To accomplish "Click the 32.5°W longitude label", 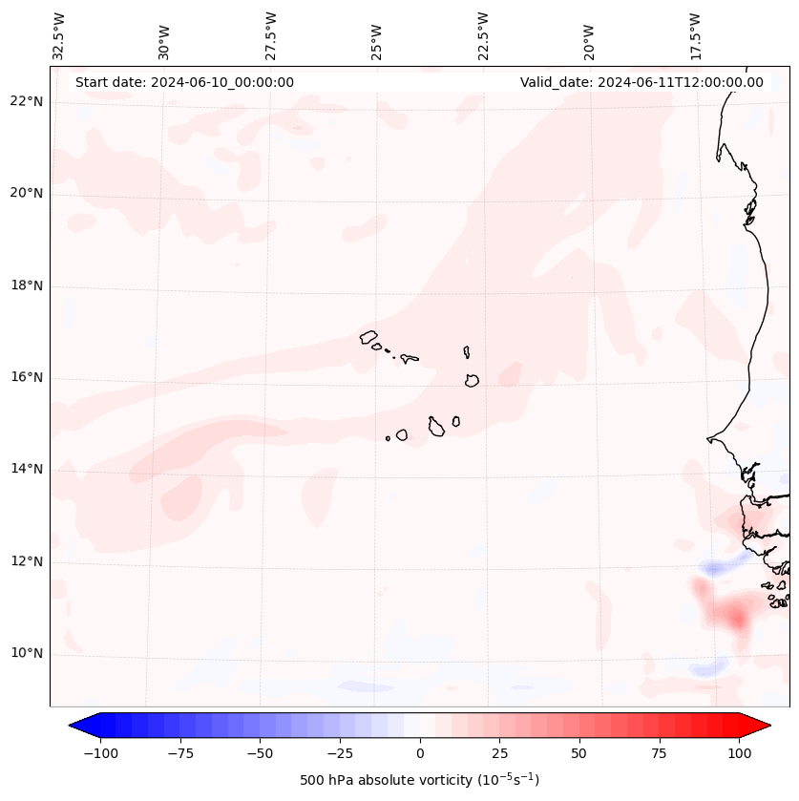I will (x=59, y=36).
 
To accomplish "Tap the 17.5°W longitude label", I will (x=696, y=36).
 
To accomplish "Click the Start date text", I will (x=184, y=82).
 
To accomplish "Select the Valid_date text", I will (x=641, y=82).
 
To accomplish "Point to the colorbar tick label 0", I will (x=420, y=753).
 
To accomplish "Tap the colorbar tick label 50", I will (x=579, y=753).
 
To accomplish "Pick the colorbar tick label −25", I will (x=340, y=753).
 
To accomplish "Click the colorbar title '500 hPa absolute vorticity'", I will (x=420, y=780).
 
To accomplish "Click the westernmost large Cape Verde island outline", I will (x=368, y=336).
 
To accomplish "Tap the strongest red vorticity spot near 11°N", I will (x=737, y=620).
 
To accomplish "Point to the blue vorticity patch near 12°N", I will (x=714, y=569).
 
